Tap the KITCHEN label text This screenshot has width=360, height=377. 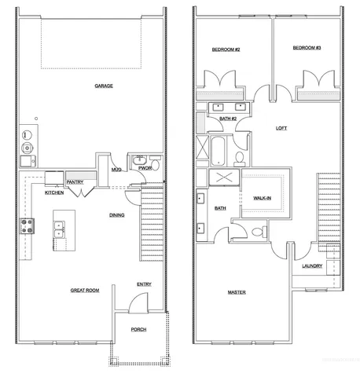pyautogui.click(x=53, y=192)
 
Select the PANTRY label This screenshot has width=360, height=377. pyautogui.click(x=75, y=181)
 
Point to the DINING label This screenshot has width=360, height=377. pyautogui.click(x=116, y=214)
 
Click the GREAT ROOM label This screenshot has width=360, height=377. pyautogui.click(x=84, y=291)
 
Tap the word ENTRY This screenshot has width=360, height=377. pyautogui.click(x=144, y=284)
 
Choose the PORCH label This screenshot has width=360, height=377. pyautogui.click(x=139, y=329)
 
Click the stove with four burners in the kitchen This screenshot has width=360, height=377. pyautogui.click(x=27, y=228)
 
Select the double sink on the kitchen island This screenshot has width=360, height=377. pyautogui.click(x=58, y=229)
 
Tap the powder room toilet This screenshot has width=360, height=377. pyautogui.click(x=154, y=166)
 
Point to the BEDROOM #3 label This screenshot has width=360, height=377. pyautogui.click(x=307, y=48)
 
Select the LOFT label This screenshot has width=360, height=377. pyautogui.click(x=281, y=128)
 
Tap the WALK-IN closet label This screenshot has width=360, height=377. pyautogui.click(x=263, y=199)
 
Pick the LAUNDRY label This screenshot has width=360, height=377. pyautogui.click(x=311, y=265)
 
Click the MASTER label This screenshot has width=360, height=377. pyautogui.click(x=237, y=292)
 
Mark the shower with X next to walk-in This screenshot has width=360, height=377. pyautogui.click(x=222, y=178)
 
